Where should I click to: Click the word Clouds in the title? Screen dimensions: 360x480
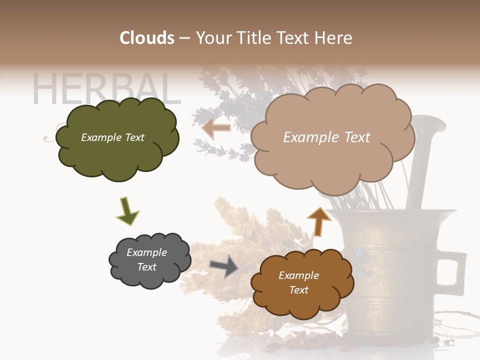pyautogui.click(x=147, y=38)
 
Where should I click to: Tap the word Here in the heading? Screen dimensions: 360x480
pyautogui.click(x=333, y=38)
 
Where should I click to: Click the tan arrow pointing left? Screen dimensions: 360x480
pyautogui.click(x=216, y=128)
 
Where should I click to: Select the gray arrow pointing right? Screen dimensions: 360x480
pyautogui.click(x=224, y=266)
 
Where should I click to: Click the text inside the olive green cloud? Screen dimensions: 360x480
pyautogui.click(x=112, y=137)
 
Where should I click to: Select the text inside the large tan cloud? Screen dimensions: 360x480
pyautogui.click(x=326, y=137)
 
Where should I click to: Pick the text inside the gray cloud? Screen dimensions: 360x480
pyautogui.click(x=147, y=259)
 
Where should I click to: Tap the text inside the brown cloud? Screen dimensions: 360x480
pyautogui.click(x=298, y=282)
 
